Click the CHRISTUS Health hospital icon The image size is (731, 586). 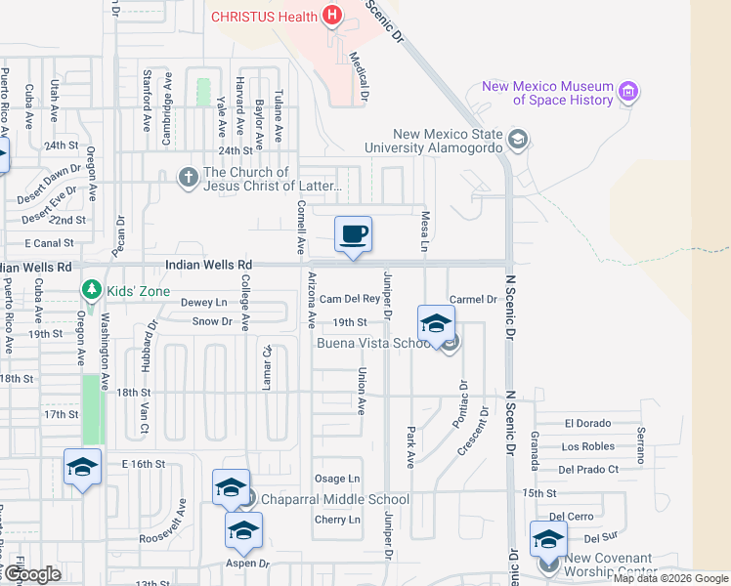tap(333, 16)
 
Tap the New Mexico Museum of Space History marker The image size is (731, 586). tap(628, 93)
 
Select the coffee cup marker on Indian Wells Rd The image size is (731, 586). tap(353, 235)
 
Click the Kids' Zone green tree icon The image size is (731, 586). tap(92, 290)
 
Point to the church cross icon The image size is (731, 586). tap(187, 178)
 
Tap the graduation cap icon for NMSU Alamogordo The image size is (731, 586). tap(517, 140)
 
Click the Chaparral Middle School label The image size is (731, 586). tap(334, 499)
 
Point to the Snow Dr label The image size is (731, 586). tap(211, 320)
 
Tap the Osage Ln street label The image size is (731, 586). tap(337, 478)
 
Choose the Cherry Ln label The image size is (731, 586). tap(337, 520)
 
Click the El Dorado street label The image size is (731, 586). tap(587, 424)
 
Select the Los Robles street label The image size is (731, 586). tap(588, 446)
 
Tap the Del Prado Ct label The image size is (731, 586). tap(588, 469)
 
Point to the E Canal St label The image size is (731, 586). tap(49, 242)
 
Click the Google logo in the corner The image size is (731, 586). tap(31, 574)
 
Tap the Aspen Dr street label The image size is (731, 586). tap(248, 563)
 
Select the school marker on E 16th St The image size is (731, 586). tap(83, 468)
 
